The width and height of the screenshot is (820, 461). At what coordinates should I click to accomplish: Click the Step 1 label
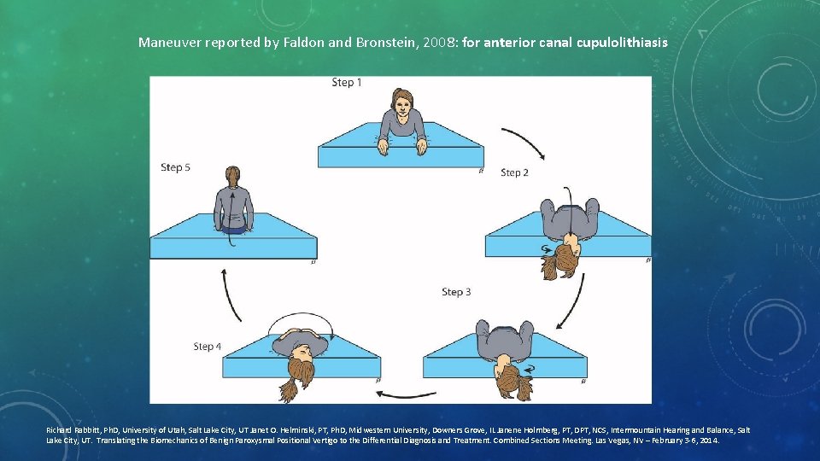coord(347,83)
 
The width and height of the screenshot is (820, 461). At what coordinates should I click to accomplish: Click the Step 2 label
coord(514,172)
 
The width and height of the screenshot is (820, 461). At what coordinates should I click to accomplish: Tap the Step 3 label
coord(456,292)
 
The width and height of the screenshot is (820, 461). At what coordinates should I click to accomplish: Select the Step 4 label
coord(208,347)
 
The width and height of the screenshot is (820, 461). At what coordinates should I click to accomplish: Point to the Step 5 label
coord(175,167)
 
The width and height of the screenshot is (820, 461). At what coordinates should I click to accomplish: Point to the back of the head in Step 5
coord(231,176)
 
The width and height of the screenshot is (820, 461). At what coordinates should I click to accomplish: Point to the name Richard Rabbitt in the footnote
coord(73,431)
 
